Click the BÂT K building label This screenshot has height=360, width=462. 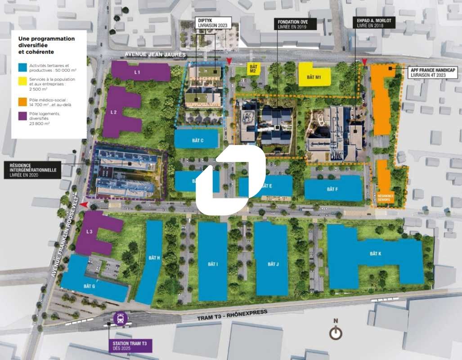click(x=376, y=254)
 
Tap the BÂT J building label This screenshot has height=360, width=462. click(x=272, y=264)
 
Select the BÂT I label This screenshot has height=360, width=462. click(x=213, y=264)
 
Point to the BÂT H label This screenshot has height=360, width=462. click(x=154, y=258)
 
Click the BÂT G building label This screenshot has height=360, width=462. click(x=90, y=286)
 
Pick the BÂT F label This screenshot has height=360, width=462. click(x=333, y=189)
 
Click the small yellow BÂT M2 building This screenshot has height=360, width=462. click(x=253, y=69)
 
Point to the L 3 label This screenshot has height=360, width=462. click(x=89, y=231)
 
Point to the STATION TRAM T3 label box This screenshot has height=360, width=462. click(x=130, y=346)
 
